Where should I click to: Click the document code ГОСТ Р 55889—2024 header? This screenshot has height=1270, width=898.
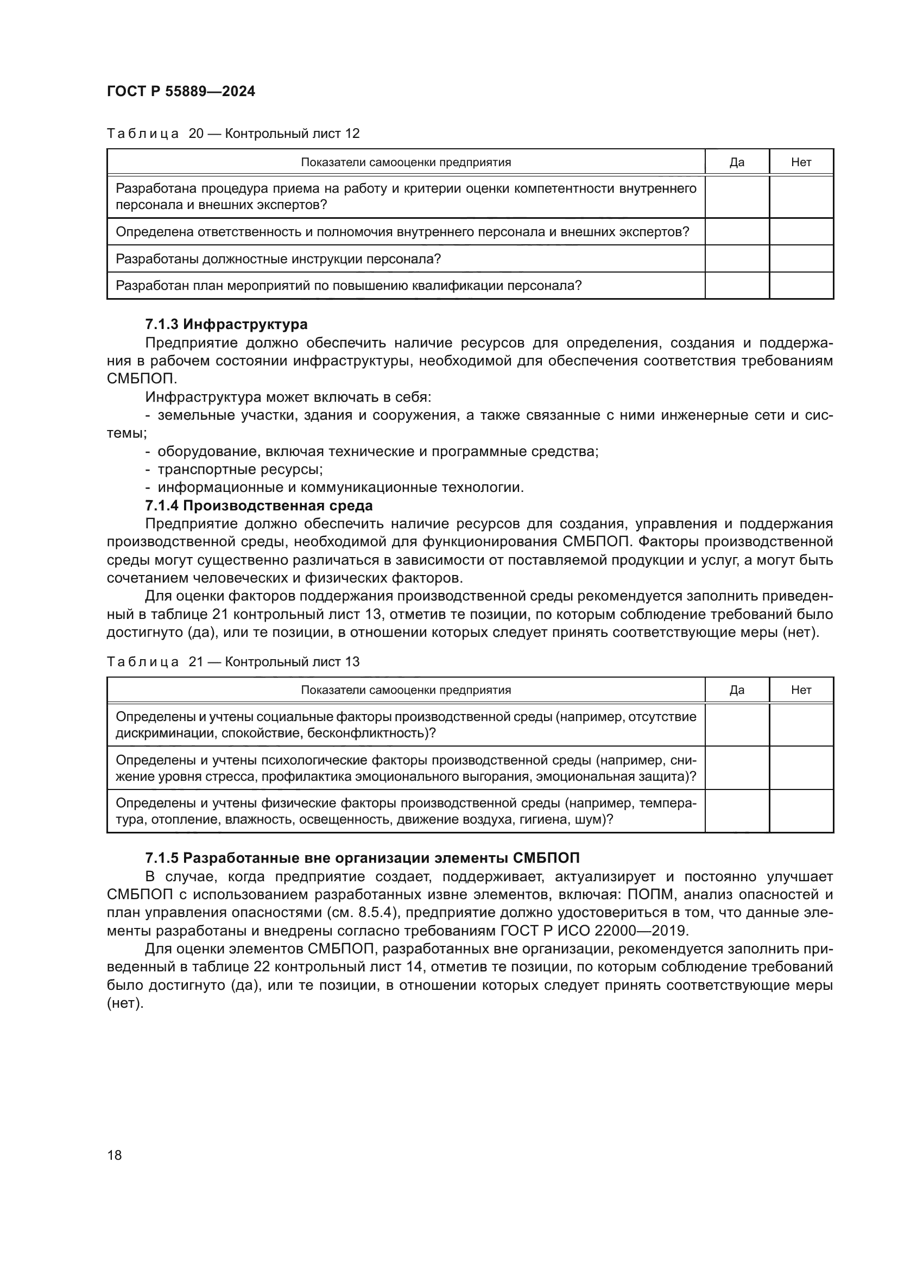[181, 92]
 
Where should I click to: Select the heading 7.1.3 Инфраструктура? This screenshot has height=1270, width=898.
[226, 324]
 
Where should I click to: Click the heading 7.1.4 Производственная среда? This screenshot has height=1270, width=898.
[259, 506]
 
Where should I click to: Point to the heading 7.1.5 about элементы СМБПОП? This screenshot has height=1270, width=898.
[362, 858]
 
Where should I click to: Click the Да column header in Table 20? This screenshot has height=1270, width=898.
[737, 162]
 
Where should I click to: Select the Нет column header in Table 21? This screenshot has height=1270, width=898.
[801, 690]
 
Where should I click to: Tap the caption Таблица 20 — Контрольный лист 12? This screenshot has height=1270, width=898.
[233, 134]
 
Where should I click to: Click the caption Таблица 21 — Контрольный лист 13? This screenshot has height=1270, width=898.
[233, 661]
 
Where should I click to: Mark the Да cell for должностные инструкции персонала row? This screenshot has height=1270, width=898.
[737, 259]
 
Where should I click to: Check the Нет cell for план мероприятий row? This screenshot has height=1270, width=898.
[801, 286]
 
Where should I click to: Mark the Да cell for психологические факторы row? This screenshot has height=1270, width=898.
[737, 768]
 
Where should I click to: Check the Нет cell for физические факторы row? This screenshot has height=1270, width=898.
[801, 811]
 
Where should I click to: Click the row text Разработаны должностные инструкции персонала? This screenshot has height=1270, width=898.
[278, 259]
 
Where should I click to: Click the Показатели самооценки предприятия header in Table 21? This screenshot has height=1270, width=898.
[406, 690]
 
